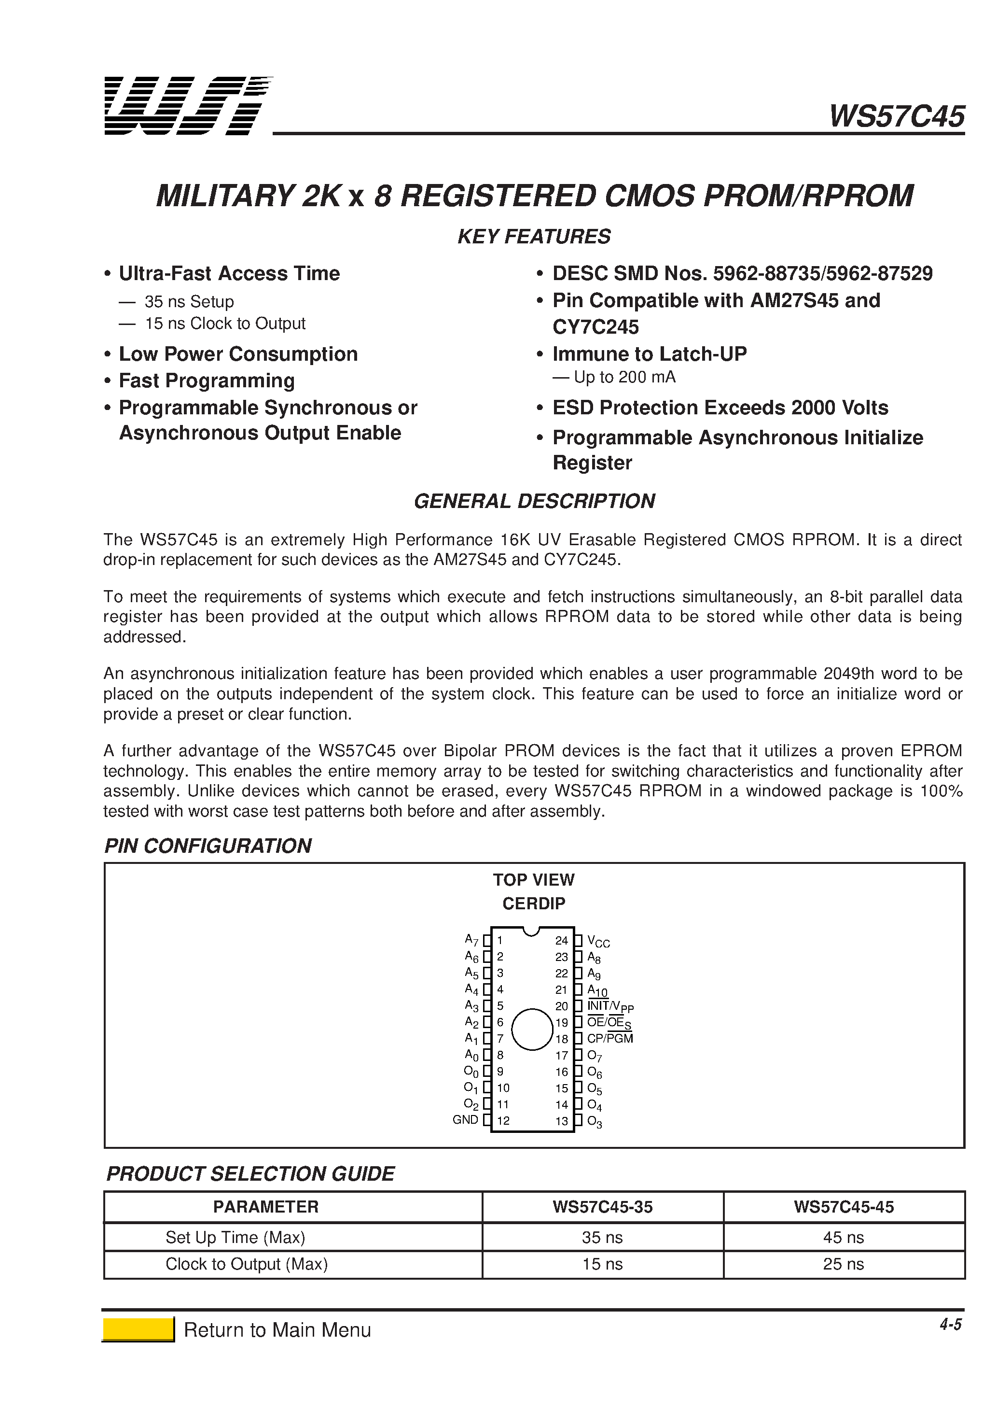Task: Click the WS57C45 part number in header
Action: coord(897,116)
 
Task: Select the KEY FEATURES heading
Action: coord(534,237)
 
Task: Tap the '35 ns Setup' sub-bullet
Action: coord(189,302)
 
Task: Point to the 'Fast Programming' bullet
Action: coord(207,381)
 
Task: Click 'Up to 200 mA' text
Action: coord(624,377)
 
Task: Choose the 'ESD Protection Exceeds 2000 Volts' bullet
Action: coord(720,408)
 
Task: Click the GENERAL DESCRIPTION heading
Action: coord(534,501)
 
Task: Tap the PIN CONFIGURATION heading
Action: coord(208,846)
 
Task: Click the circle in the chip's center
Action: coord(532,1029)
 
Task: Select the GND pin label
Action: coord(465,1119)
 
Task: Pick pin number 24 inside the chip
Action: coord(561,940)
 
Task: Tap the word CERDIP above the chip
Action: coord(534,904)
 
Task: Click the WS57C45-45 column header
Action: coord(844,1207)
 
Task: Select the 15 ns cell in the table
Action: coord(602,1264)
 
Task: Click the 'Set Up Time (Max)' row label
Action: coord(235,1237)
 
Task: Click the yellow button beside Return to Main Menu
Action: coord(138,1329)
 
